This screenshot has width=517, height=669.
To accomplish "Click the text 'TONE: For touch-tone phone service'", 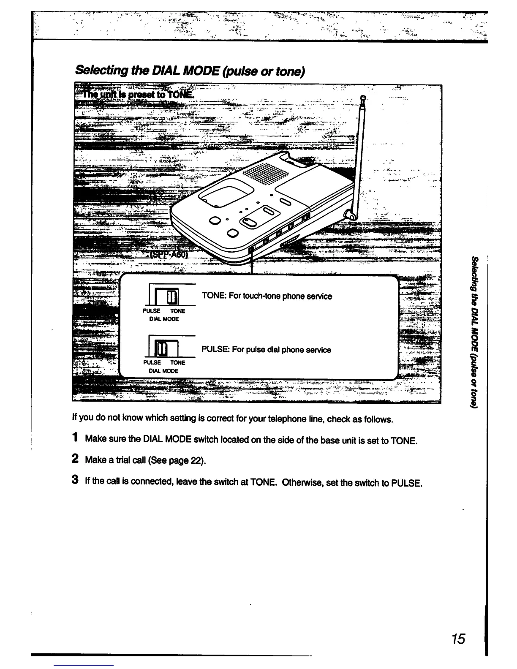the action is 267,296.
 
